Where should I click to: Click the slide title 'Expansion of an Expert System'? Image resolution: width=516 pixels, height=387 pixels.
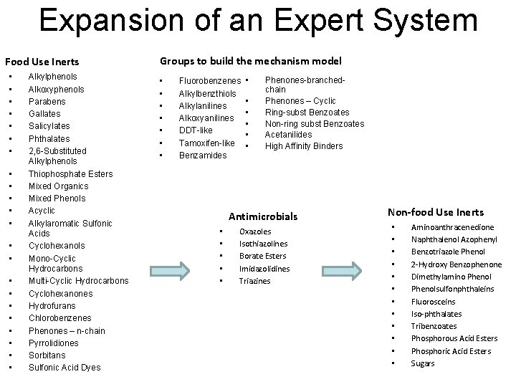click(258, 21)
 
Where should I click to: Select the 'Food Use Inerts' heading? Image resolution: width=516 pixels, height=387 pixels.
click(42, 62)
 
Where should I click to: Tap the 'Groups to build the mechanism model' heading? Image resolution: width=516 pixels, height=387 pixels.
click(250, 62)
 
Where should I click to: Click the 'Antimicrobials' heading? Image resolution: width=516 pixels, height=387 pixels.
click(262, 216)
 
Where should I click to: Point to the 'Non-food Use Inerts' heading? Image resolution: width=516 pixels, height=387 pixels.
click(435, 212)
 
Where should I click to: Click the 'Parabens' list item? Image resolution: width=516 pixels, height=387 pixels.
click(47, 101)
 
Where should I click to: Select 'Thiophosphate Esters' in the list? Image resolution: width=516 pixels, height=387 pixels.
click(70, 173)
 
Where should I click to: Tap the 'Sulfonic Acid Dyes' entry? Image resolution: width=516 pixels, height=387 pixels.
click(64, 368)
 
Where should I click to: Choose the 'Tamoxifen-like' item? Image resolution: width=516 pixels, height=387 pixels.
click(206, 143)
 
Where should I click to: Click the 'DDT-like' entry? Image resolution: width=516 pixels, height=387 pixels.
click(195, 130)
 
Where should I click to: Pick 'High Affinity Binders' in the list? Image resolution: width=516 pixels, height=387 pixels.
click(304, 146)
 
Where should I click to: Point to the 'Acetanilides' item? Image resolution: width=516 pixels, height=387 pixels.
click(288, 134)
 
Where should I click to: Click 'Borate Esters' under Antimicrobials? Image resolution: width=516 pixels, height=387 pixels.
click(262, 256)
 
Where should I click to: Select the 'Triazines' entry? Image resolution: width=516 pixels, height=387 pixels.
click(254, 280)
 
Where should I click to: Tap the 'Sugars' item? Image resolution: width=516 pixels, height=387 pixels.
click(423, 363)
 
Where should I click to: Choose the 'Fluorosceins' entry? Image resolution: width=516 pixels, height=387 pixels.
click(433, 302)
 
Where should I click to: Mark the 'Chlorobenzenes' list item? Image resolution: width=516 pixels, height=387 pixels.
click(59, 318)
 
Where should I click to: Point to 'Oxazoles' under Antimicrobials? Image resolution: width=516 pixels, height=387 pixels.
click(255, 231)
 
